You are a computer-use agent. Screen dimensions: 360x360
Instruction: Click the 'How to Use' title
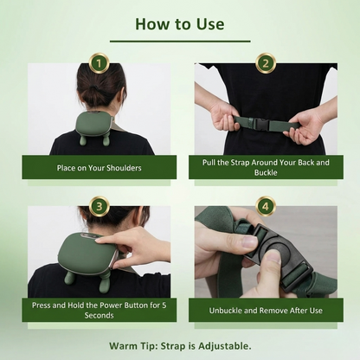click(180, 22)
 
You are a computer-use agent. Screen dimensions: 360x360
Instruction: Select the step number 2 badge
click(266, 63)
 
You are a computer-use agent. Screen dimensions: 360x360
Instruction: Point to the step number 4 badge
click(266, 206)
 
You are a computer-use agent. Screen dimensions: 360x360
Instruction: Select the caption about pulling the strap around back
click(266, 167)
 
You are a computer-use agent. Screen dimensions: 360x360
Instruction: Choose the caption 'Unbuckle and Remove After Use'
click(266, 310)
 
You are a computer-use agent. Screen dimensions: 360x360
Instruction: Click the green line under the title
click(180, 41)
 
